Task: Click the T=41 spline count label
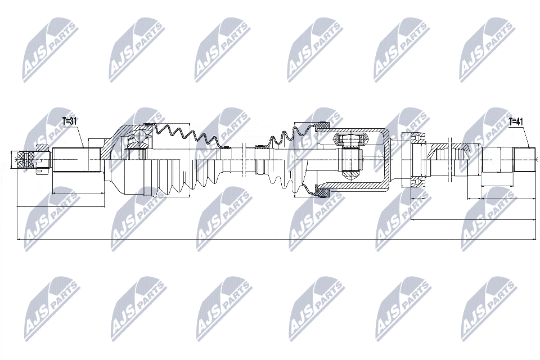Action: [x=516, y=121]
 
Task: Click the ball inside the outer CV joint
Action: [x=140, y=134]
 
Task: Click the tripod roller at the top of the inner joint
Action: [x=350, y=139]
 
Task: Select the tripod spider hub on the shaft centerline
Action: [x=351, y=160]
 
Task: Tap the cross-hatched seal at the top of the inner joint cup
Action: [x=323, y=126]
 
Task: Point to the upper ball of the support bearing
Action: [x=419, y=137]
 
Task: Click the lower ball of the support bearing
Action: [x=419, y=182]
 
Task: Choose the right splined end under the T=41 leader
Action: [x=525, y=160]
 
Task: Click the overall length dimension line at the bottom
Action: [x=277, y=240]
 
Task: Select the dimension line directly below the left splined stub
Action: [x=78, y=193]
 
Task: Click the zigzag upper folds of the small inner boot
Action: [x=286, y=137]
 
